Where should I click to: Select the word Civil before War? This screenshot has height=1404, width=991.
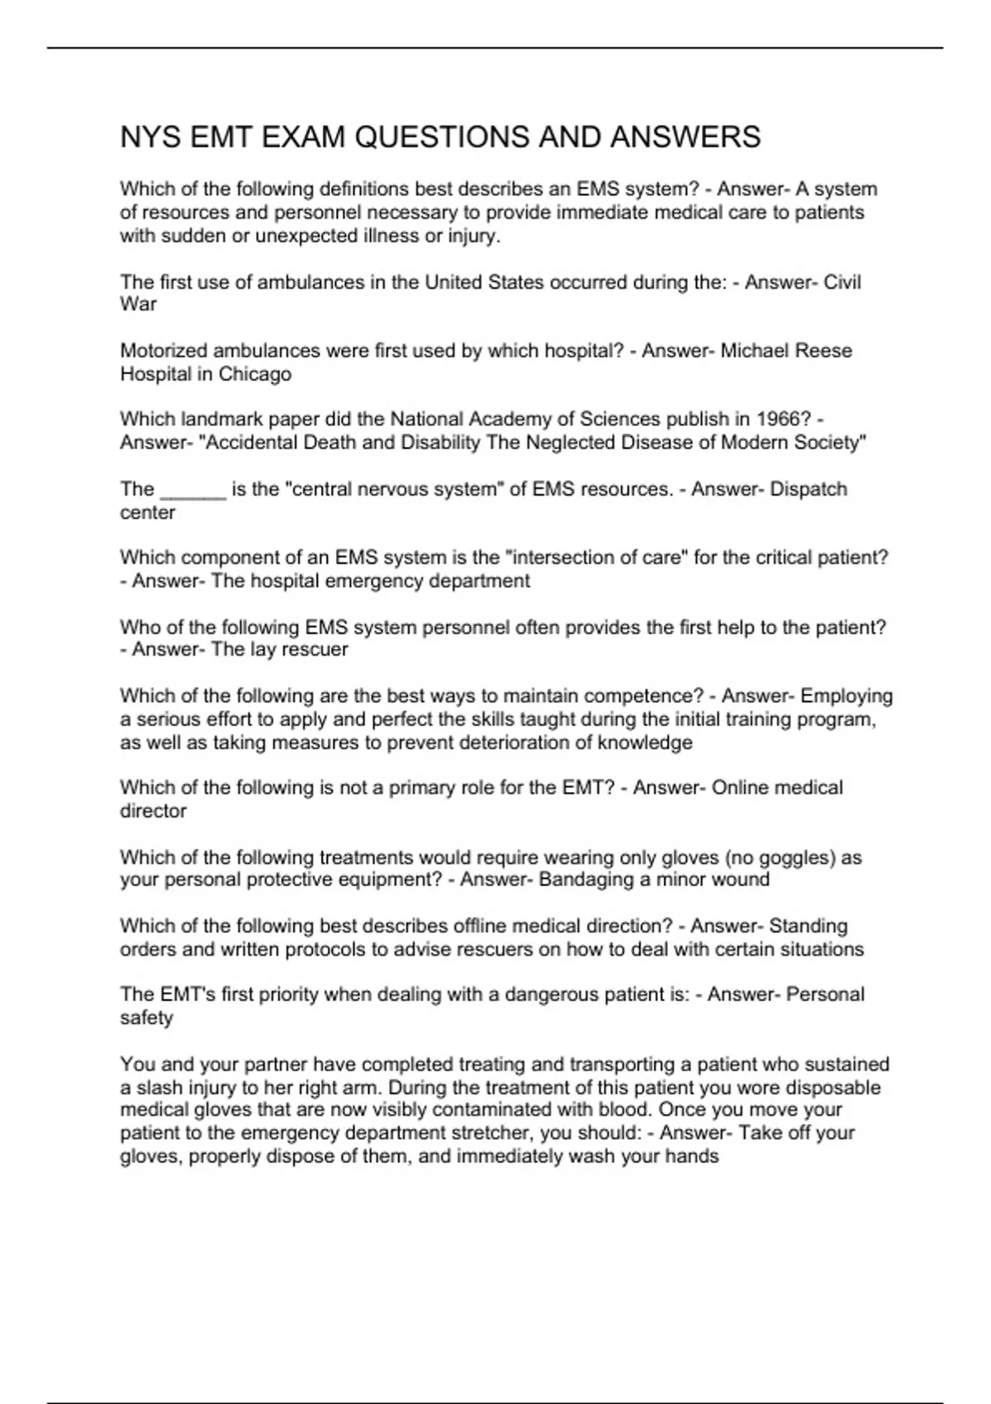[x=842, y=282]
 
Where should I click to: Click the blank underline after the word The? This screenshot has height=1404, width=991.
[x=192, y=490]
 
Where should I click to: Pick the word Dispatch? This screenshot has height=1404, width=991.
[x=808, y=489]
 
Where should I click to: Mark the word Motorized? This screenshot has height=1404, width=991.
[x=161, y=351]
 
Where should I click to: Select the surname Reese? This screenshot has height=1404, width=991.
[x=822, y=351]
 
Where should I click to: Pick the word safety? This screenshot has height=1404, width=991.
[x=146, y=1017]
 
